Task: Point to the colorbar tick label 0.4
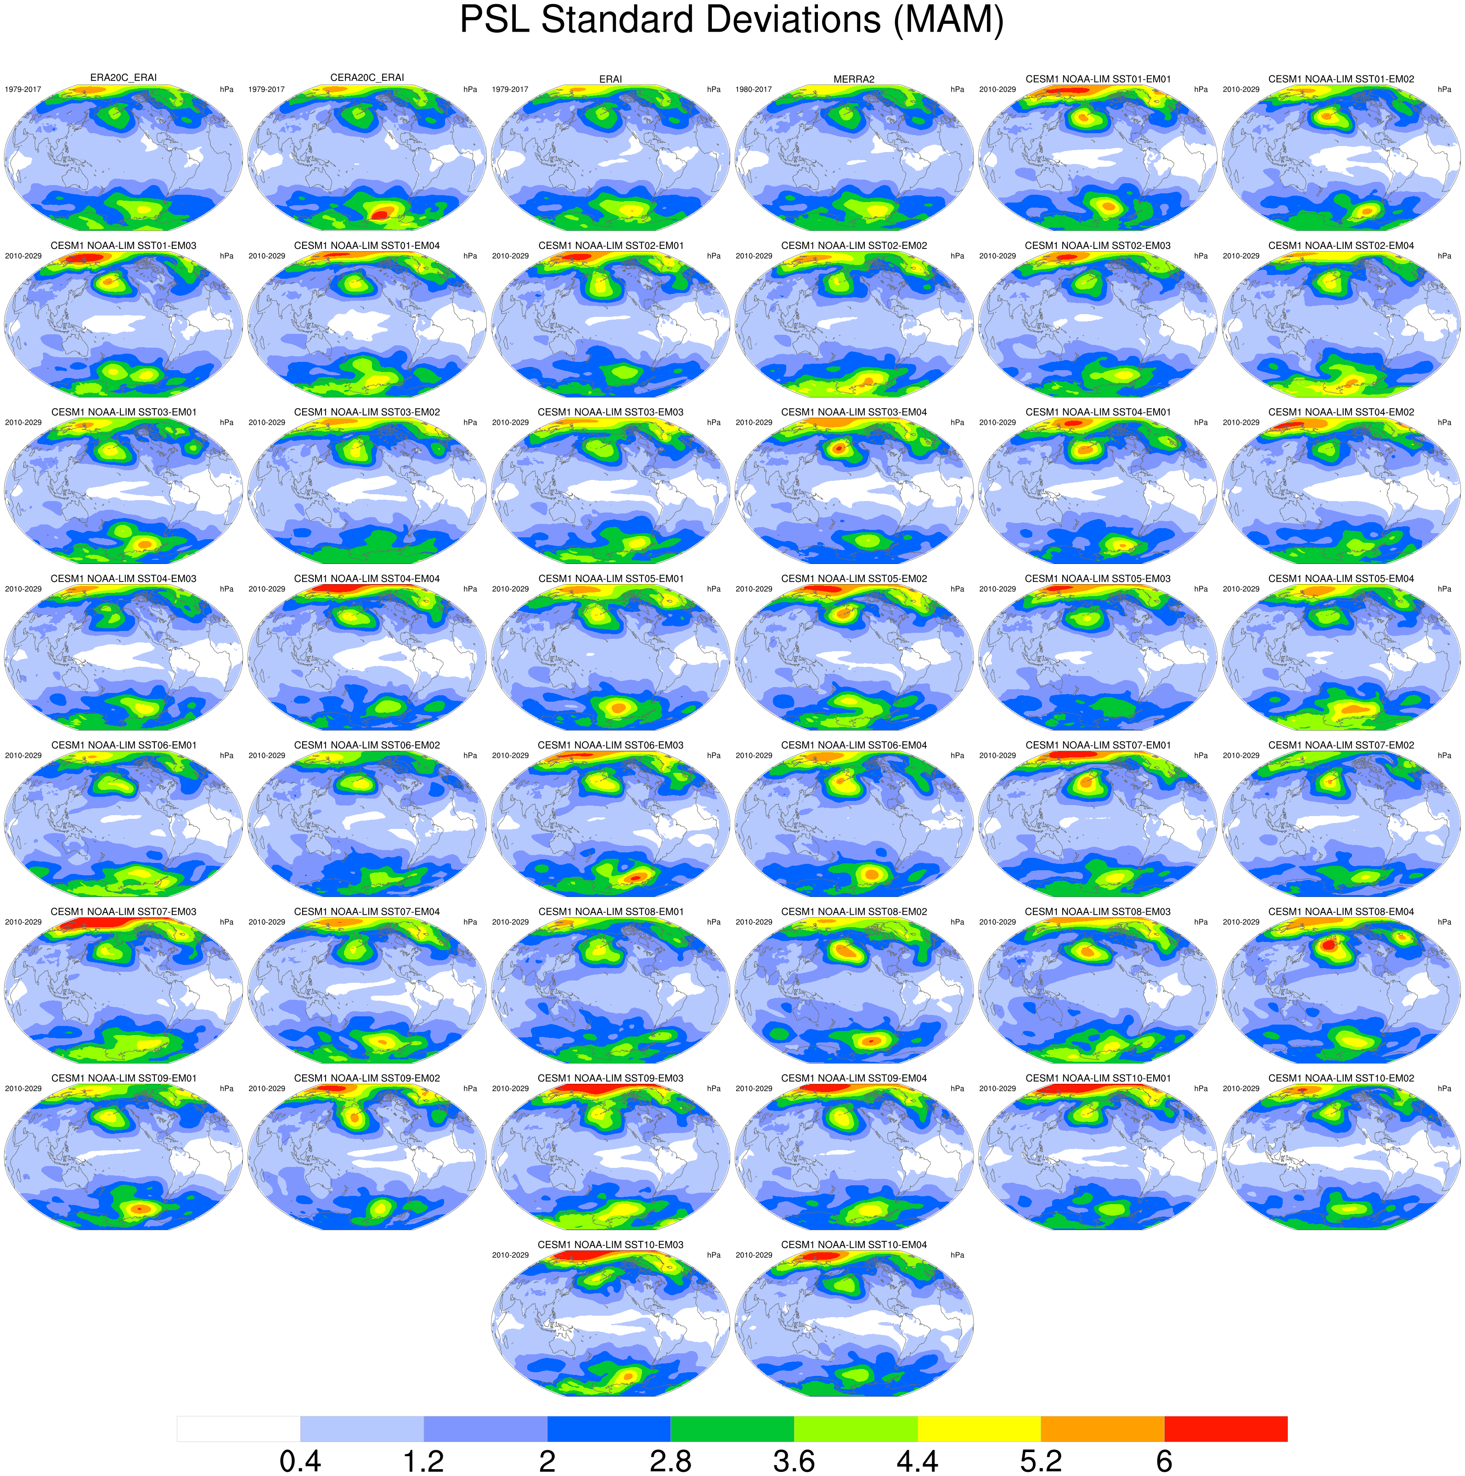[x=300, y=1461]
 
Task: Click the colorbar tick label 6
[x=1164, y=1461]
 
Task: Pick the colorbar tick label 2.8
[x=671, y=1461]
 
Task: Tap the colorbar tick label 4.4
[x=917, y=1461]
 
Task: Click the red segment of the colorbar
[x=1225, y=1429]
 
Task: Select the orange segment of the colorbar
[x=1102, y=1429]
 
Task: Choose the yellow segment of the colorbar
[x=979, y=1429]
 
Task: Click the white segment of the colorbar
[x=238, y=1429]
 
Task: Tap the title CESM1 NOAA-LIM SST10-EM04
[x=854, y=1245]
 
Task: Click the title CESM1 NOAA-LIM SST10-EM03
[x=610, y=1245]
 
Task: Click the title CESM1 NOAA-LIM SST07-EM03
[x=123, y=912]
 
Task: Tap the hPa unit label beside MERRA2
[x=957, y=90]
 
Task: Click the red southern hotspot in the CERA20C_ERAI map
[x=382, y=212]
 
